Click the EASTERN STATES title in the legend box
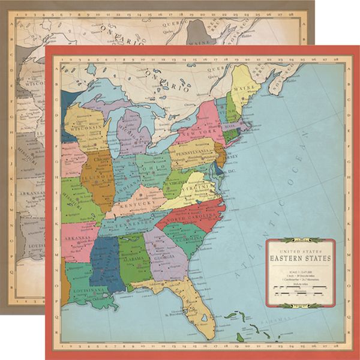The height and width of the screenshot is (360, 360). pos(300,259)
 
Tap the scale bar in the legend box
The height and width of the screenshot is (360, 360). pos(298,293)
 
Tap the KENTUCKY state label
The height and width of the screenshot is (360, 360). pos(136,203)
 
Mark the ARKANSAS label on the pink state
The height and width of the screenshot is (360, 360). pos(78,238)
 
